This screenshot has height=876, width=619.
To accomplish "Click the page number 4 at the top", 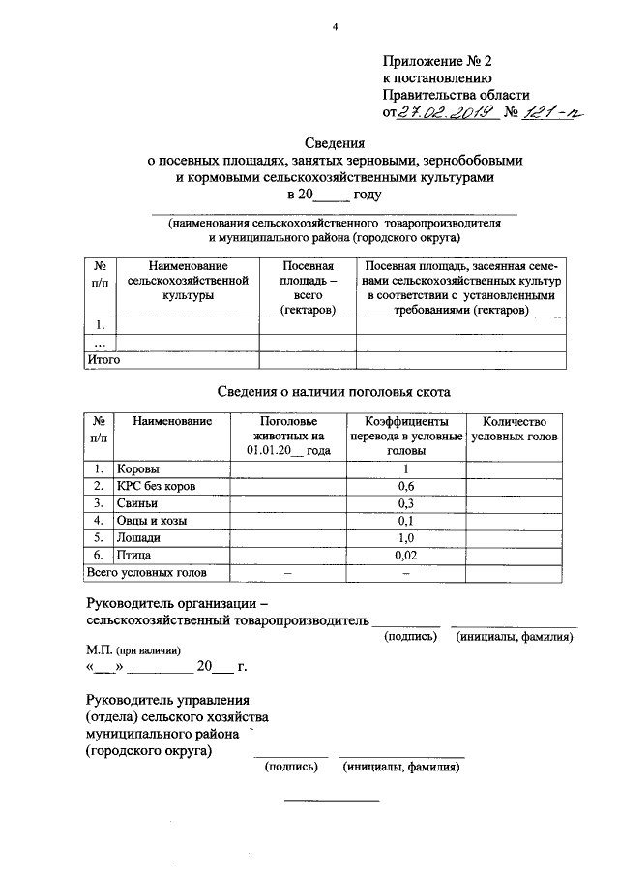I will tap(335, 27).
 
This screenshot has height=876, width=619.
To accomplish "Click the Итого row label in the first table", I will tap(103, 359).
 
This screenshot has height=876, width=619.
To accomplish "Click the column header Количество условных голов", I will tap(514, 430).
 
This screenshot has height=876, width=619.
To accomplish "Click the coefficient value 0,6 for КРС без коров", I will tap(406, 486).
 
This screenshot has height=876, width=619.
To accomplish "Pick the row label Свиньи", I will tap(138, 503).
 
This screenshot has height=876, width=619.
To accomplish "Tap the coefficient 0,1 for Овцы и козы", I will tap(406, 521).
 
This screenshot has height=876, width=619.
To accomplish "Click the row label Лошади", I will tap(140, 537).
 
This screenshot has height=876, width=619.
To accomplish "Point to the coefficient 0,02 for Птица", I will tap(406, 555).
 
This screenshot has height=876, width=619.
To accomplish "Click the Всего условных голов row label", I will tap(145, 572).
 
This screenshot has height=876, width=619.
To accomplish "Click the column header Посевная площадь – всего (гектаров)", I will tap(308, 287).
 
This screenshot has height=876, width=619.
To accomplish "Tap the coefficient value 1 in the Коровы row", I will tap(406, 469).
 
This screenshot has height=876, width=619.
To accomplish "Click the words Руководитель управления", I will tap(167, 700).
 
